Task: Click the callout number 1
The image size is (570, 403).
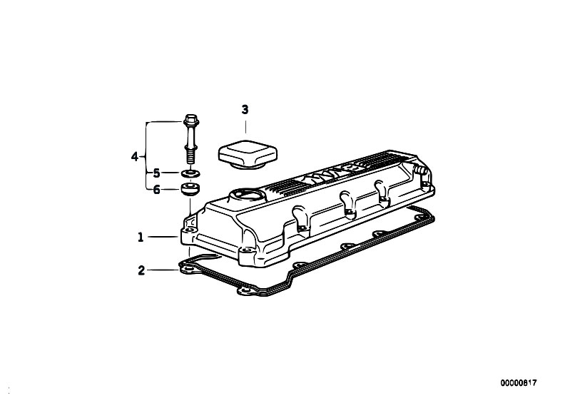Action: tap(141, 238)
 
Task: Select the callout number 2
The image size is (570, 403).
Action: tap(141, 270)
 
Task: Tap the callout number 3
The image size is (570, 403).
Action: tap(245, 109)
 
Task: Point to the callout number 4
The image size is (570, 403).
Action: tap(135, 157)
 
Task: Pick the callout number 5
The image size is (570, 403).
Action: tap(156, 173)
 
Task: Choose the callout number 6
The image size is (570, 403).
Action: tap(156, 190)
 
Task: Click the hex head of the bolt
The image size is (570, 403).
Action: tap(190, 119)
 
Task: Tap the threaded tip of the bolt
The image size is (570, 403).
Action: tap(190, 157)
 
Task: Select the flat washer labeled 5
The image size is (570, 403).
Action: tap(190, 173)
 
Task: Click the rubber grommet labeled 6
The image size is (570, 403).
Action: tap(190, 190)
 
